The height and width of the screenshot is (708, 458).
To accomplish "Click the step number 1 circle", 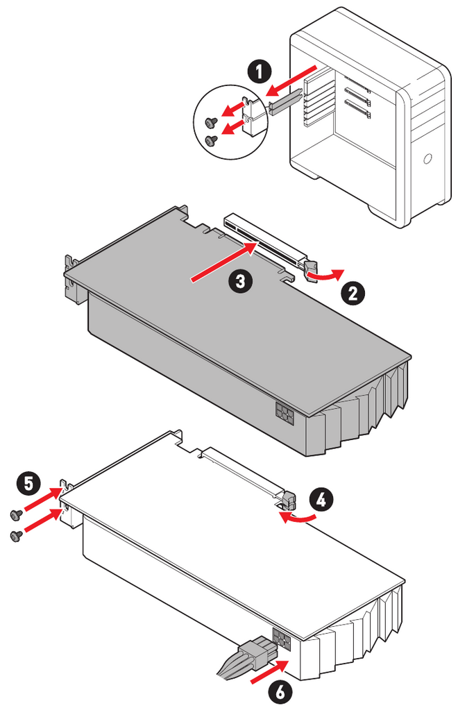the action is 259,71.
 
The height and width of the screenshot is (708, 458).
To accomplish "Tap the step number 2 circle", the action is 353,293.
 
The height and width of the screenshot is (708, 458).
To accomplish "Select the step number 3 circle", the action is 240,281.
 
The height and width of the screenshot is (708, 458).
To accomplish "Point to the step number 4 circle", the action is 321,500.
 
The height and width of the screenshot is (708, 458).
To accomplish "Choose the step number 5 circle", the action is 28,484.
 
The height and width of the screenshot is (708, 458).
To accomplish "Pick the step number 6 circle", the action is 280,691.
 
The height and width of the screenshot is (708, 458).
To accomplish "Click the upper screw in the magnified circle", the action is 211,122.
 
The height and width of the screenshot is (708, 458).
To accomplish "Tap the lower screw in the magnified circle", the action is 211,140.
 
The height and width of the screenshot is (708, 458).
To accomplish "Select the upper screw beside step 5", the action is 16,514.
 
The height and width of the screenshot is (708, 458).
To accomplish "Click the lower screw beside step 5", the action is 16,535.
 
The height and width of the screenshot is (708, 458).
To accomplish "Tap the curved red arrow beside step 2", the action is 325,274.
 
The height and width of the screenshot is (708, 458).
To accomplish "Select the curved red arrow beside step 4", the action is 296,517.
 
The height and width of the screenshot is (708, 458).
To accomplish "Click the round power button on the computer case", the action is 427,159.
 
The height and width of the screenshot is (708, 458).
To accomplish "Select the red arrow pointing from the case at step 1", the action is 291,80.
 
